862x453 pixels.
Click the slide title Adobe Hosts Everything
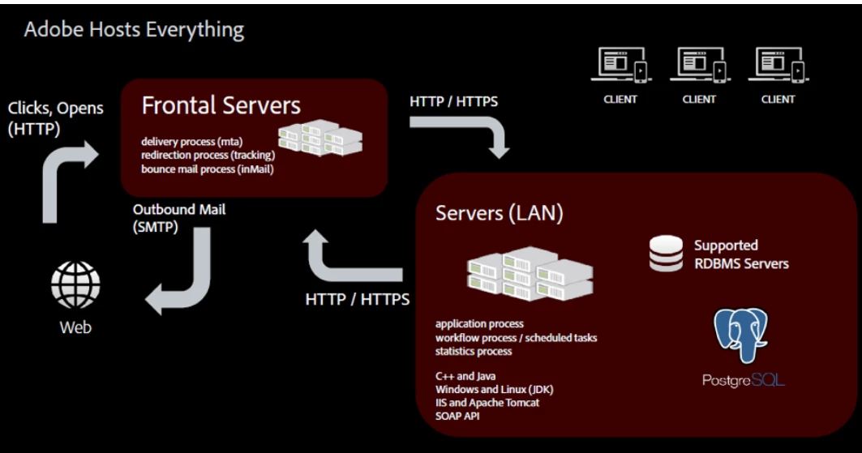point(134,31)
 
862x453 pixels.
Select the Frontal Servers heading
point(221,105)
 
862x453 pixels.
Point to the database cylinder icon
point(666,254)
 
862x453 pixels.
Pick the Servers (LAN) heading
point(499,213)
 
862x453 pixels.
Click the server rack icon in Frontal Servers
point(319,139)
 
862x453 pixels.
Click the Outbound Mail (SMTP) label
point(179,219)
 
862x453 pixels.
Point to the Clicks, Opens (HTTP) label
point(55,118)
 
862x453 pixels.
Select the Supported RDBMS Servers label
point(740,254)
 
